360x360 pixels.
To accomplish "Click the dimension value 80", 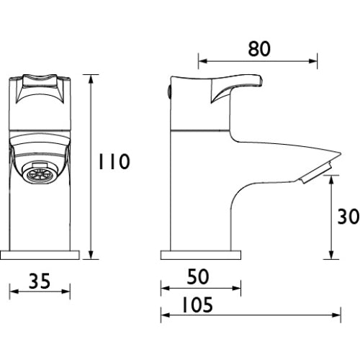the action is click(x=259, y=49).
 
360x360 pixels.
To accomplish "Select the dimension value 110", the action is click(x=114, y=161).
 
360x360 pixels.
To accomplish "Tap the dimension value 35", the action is click(x=40, y=281).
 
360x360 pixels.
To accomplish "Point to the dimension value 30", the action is click(x=348, y=217).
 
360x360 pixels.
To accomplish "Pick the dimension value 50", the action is click(x=198, y=276).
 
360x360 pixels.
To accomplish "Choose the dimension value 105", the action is click(x=197, y=305).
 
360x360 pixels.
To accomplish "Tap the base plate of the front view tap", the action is click(x=40, y=256).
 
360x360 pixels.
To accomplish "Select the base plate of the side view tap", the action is click(x=201, y=256).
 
